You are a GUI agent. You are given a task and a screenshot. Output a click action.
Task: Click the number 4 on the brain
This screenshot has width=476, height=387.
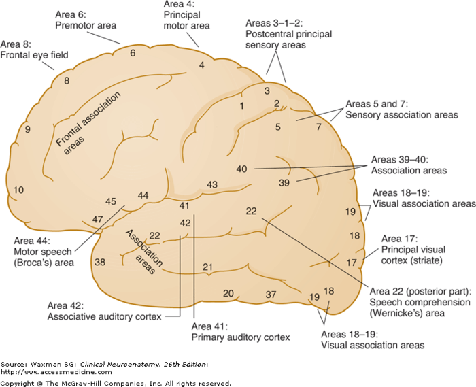point(201,65)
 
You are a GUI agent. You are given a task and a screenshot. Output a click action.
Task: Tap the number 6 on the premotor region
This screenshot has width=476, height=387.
point(133,53)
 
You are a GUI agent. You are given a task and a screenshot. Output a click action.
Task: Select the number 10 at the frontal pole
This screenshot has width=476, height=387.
point(18,190)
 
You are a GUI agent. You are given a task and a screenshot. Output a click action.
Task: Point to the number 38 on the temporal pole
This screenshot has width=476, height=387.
point(100,262)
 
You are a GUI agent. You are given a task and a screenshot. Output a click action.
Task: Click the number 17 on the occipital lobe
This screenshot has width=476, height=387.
point(352,262)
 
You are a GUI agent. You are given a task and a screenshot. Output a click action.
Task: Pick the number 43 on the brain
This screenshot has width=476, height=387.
point(212,184)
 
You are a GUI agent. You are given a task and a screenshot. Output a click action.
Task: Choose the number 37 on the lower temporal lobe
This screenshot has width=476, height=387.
point(271,294)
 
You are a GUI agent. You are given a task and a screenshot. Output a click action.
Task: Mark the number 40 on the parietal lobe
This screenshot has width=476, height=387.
point(241,169)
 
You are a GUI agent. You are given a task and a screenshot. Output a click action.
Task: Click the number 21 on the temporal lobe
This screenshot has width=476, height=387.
point(208,266)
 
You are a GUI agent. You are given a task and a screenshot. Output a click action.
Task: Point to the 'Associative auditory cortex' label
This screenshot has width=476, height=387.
point(103,316)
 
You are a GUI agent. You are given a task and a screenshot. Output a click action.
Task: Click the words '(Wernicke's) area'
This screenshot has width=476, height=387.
point(401,314)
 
